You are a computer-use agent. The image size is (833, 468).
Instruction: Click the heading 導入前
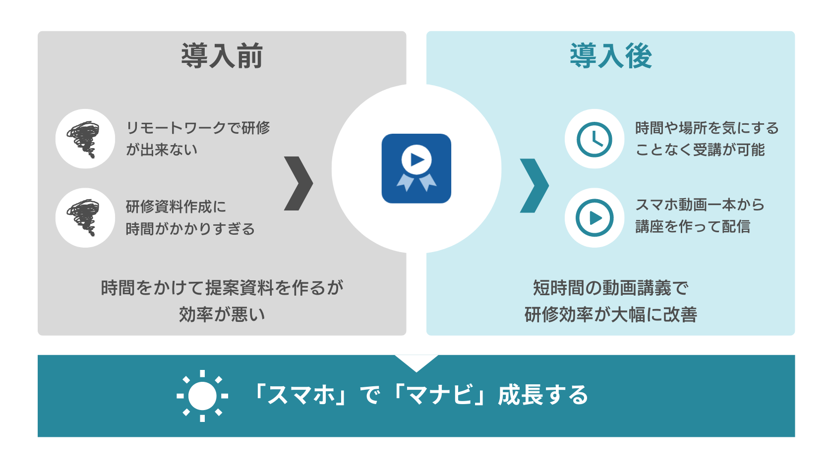pyautogui.click(x=222, y=55)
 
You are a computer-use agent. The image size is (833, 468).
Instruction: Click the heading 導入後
pyautogui.click(x=611, y=55)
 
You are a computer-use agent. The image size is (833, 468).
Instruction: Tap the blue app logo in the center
pyautogui.click(x=416, y=168)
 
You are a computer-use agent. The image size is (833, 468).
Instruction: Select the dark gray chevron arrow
pyautogui.click(x=298, y=183)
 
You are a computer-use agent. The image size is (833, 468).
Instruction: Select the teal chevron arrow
pyautogui.click(x=535, y=186)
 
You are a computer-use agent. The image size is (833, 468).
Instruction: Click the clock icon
pyautogui.click(x=594, y=139)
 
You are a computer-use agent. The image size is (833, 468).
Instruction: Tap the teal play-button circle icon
pyautogui.click(x=594, y=218)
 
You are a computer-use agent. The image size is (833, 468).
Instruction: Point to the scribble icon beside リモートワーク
pyautogui.click(x=84, y=139)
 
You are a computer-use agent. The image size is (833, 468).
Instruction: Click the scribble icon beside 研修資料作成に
pyautogui.click(x=84, y=218)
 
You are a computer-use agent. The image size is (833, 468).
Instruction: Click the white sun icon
pyautogui.click(x=202, y=396)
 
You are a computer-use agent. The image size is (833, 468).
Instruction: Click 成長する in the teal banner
pyautogui.click(x=543, y=395)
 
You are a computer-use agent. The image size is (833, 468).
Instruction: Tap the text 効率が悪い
pyautogui.click(x=222, y=314)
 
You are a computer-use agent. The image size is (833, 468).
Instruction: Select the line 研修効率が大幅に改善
pyautogui.click(x=611, y=314)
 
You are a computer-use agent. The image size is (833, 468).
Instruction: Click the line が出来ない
pyautogui.click(x=162, y=150)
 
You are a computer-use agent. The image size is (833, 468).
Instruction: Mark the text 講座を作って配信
pyautogui.click(x=692, y=227)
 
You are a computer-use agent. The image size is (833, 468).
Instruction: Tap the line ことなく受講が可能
pyautogui.click(x=700, y=150)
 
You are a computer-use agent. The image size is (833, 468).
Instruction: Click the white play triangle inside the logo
pyautogui.click(x=417, y=159)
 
